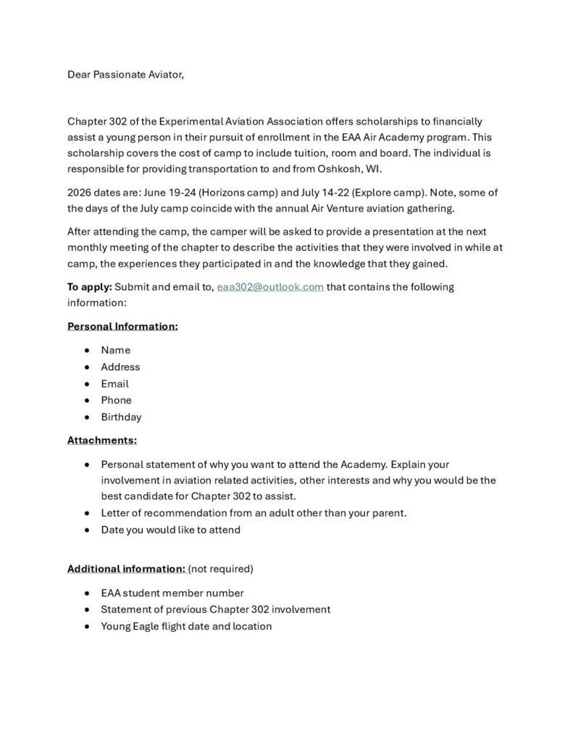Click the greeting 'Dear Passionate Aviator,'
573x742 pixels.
(x=125, y=75)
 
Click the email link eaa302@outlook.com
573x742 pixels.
(x=269, y=287)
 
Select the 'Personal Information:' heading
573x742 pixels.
(x=122, y=326)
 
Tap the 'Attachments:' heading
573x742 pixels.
(x=102, y=440)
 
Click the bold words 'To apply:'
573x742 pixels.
(x=90, y=287)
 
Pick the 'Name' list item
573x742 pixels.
(x=116, y=350)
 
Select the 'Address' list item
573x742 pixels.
(x=120, y=367)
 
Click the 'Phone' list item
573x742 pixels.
(x=116, y=400)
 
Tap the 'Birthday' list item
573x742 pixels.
(x=121, y=417)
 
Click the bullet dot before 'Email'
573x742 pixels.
(x=87, y=384)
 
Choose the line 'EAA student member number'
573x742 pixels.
(x=172, y=593)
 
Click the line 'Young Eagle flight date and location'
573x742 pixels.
(x=186, y=626)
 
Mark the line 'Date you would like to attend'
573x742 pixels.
(x=170, y=530)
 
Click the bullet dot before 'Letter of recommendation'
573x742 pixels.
(x=87, y=513)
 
